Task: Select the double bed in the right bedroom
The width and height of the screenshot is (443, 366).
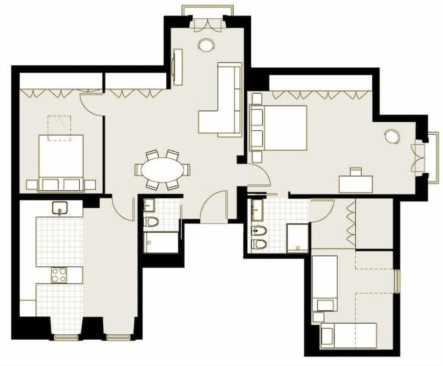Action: pyautogui.click(x=284, y=128)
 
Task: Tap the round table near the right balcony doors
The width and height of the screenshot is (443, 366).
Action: pyautogui.click(x=392, y=136)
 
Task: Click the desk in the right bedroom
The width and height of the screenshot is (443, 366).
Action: pyautogui.click(x=356, y=184)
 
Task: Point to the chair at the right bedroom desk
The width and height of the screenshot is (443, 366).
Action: pyautogui.click(x=356, y=171)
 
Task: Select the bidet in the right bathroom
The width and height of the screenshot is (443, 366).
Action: pyautogui.click(x=258, y=230)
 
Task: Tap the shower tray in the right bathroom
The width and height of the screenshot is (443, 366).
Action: pyautogui.click(x=297, y=238)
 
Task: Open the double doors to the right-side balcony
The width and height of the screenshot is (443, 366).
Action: pyautogui.click(x=418, y=157)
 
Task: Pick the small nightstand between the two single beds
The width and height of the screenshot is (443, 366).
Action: pyautogui.click(x=318, y=317)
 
